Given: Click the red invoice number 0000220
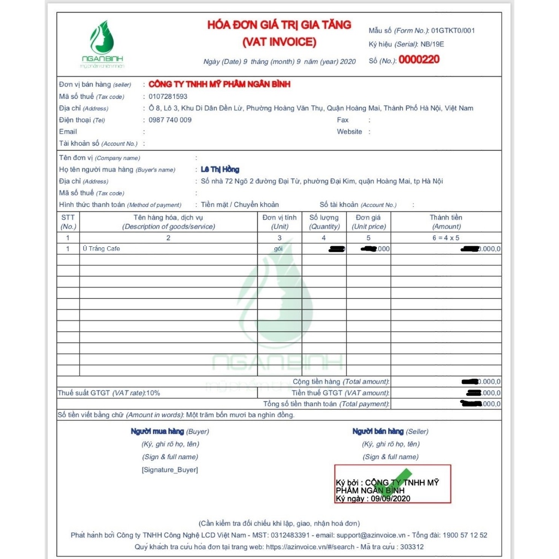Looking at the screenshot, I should pos(419,60).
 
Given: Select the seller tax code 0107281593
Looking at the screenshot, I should pos(168,97).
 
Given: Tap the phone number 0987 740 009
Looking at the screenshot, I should pos(170,120).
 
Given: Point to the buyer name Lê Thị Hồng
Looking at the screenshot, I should pos(220,170).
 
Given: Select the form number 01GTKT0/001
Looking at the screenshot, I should pos(453,31).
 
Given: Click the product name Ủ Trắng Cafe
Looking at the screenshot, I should pos(101,249).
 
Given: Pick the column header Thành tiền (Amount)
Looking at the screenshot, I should pos(446,222).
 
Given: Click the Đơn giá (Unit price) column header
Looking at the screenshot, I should pos(368,222).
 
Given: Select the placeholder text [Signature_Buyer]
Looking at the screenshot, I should pos(170,470).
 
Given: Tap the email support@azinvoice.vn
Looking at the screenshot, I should pos(371,536).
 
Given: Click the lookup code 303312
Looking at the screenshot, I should pos(412,547).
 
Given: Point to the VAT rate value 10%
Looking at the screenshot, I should pos(153,393).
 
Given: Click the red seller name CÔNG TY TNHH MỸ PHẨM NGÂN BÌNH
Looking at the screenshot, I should pos(219,84).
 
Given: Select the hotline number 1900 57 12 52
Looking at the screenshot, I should pos(465,536).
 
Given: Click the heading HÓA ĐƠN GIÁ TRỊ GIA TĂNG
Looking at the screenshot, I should pos(279,25).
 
